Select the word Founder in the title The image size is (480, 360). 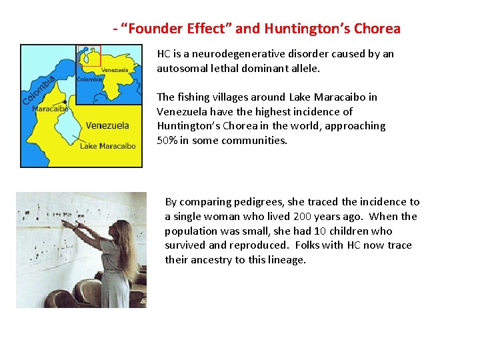coord(151,29)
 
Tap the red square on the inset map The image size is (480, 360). coord(90,56)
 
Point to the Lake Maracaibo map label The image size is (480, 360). coord(108,146)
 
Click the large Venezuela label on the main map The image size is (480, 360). coord(107,125)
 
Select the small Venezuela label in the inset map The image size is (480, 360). coord(115,70)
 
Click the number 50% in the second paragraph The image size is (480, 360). coord(166,141)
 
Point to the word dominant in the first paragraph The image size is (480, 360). coord(278,68)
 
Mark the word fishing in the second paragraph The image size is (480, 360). coord(194,97)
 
